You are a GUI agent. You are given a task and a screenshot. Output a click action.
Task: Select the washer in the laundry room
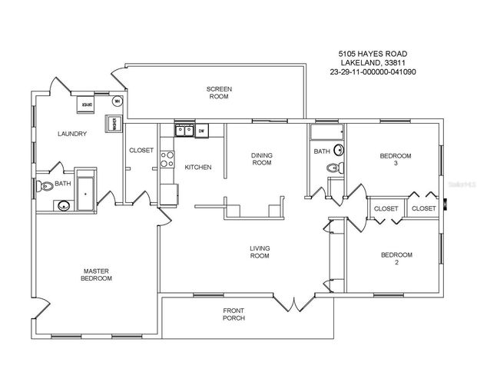[x=112, y=123]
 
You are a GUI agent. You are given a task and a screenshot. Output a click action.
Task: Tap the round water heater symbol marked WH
[x=118, y=101]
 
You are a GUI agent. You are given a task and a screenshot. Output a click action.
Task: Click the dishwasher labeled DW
[x=200, y=131]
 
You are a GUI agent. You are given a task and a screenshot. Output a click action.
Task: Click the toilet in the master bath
[x=47, y=184]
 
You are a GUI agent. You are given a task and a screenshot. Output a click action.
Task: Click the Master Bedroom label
[x=98, y=274]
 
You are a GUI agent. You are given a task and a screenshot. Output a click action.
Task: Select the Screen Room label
[x=219, y=93]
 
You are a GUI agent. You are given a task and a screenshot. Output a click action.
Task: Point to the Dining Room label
[x=262, y=159]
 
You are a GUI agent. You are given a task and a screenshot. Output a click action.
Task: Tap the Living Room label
[x=259, y=251]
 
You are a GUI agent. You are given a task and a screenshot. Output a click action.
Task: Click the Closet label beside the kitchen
[x=141, y=150]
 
